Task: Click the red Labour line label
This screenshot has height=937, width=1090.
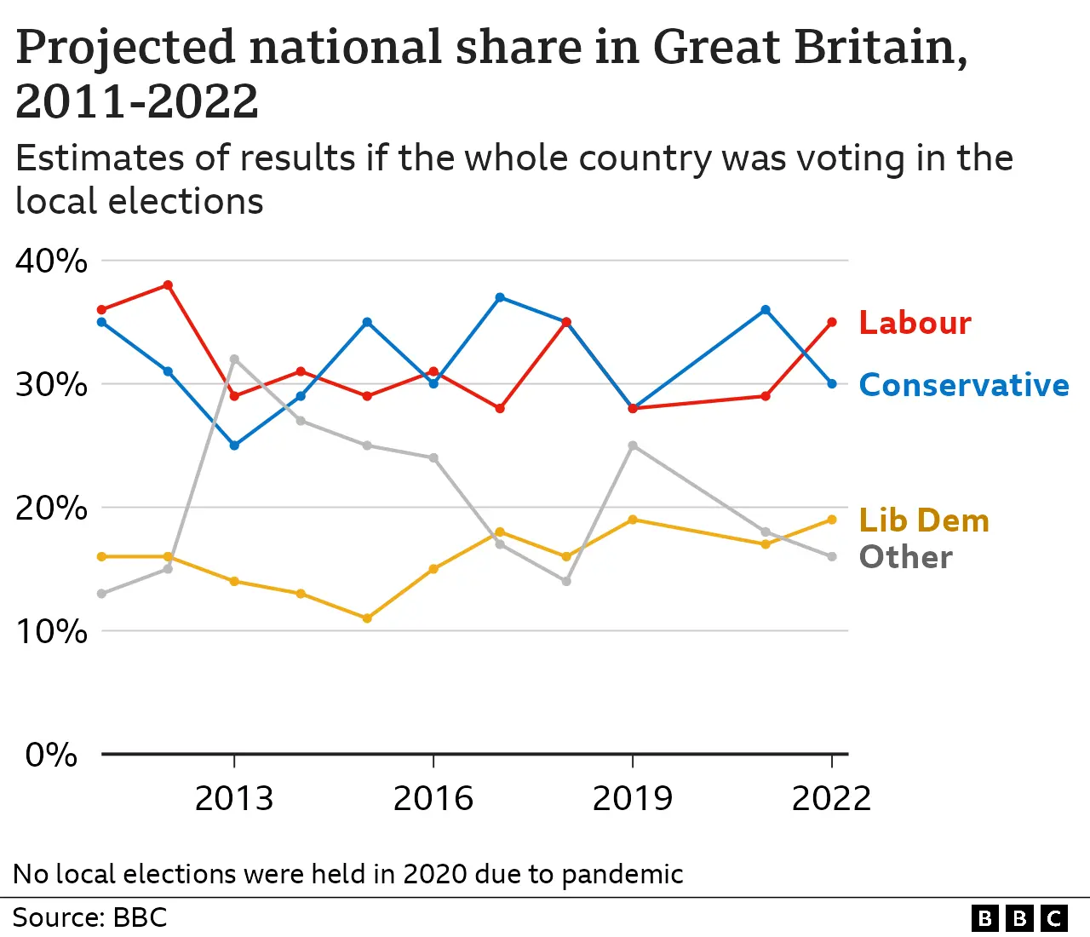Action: click(x=915, y=323)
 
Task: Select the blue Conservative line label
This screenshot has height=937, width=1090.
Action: click(x=963, y=385)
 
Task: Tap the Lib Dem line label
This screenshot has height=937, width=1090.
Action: click(x=924, y=520)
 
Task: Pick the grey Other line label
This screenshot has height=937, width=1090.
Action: click(x=905, y=557)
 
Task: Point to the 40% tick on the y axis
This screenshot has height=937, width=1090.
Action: click(x=51, y=261)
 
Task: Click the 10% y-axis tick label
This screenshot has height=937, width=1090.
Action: click(x=51, y=631)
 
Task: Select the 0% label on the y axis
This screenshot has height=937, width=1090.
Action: click(x=51, y=755)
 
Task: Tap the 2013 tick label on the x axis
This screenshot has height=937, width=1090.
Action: click(x=234, y=799)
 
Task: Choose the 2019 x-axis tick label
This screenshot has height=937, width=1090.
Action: click(x=632, y=799)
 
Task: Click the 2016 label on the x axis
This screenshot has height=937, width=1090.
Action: click(x=433, y=799)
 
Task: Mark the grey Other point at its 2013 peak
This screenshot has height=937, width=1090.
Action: click(x=234, y=359)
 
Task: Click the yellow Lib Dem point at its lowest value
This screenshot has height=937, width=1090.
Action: click(x=367, y=618)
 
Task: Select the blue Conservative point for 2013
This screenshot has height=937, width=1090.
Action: click(x=234, y=446)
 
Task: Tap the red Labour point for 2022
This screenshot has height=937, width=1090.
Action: click(x=832, y=322)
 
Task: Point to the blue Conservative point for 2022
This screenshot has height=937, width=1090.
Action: click(x=832, y=384)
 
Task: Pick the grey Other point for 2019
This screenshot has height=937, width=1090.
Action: click(x=633, y=446)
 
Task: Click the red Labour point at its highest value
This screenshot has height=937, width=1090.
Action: click(x=168, y=285)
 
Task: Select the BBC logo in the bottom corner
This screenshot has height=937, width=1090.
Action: click(x=1018, y=918)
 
